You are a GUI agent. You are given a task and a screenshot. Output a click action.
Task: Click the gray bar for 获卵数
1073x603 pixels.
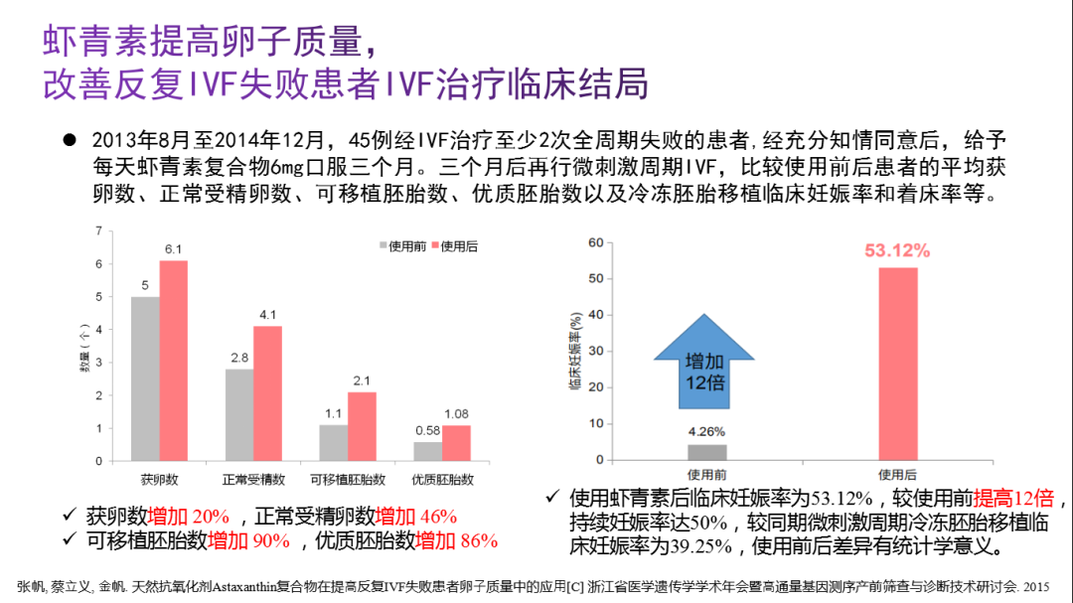tap(145, 378)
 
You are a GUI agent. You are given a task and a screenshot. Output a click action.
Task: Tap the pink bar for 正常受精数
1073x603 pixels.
tap(267, 393)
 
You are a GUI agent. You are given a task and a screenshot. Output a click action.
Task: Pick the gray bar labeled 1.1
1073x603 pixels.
tap(333, 443)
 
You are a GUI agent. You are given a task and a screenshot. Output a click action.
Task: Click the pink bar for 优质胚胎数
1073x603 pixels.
tap(456, 443)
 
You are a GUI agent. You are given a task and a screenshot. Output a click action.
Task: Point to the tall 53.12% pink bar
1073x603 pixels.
tap(897, 364)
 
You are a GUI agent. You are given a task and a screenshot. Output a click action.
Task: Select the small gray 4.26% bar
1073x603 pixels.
tap(707, 452)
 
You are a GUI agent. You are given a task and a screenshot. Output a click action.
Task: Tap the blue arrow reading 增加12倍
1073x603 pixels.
tap(704, 363)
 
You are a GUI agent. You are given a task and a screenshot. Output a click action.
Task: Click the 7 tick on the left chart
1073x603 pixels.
tap(98, 231)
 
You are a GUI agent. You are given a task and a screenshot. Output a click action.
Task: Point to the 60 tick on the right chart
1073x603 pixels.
tap(596, 242)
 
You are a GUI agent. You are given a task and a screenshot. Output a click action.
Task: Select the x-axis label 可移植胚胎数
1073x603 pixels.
tap(347, 480)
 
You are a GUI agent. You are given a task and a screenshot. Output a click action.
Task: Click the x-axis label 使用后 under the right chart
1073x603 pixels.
tap(897, 474)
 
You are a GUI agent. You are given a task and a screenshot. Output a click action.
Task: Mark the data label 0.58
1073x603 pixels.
tap(427, 429)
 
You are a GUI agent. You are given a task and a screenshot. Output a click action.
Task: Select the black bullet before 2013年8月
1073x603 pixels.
tap(70, 140)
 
